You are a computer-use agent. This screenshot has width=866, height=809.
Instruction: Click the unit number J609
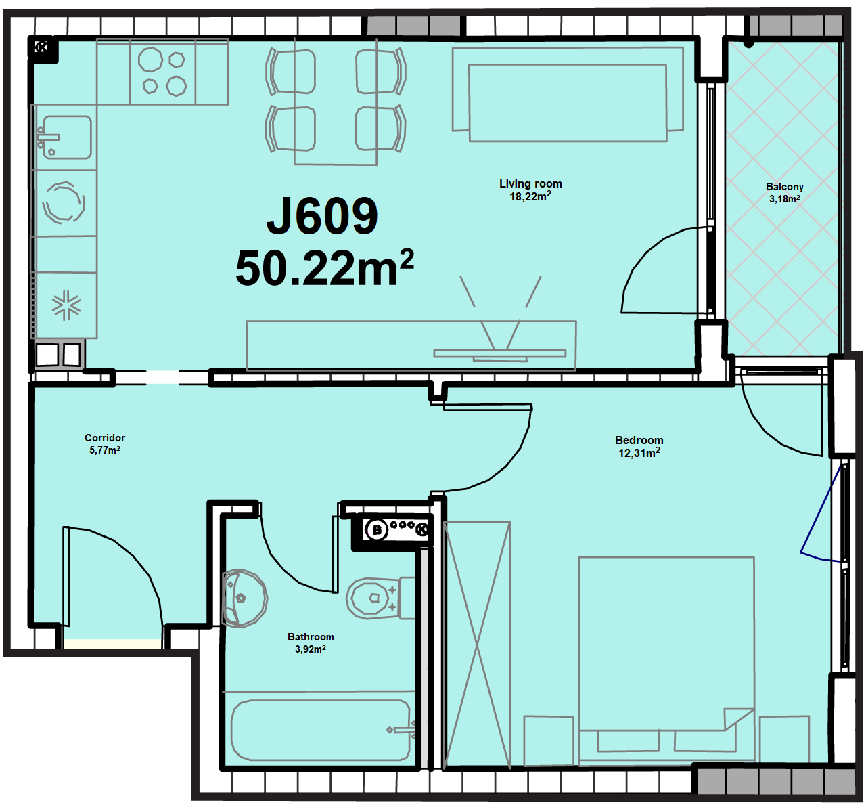[x=322, y=216]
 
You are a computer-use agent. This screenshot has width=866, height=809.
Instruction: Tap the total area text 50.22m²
[x=325, y=268]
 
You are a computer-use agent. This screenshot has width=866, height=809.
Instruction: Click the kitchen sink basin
[x=66, y=137]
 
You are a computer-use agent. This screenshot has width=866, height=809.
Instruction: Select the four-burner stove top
[x=162, y=72]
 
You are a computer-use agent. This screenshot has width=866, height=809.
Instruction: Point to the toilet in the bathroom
[x=380, y=598]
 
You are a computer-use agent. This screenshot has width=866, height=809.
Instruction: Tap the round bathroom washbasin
[x=244, y=598]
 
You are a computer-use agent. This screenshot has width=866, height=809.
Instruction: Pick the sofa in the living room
[x=568, y=94]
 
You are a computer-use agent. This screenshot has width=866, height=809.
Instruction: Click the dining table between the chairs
[x=336, y=102]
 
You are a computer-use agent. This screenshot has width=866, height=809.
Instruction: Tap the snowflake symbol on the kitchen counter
[x=66, y=305]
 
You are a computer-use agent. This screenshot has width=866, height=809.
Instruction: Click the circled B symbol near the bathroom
[x=376, y=530]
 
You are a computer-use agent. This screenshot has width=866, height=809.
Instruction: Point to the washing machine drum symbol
[x=64, y=203]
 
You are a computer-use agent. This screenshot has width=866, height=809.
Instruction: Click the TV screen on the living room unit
[x=500, y=353]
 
